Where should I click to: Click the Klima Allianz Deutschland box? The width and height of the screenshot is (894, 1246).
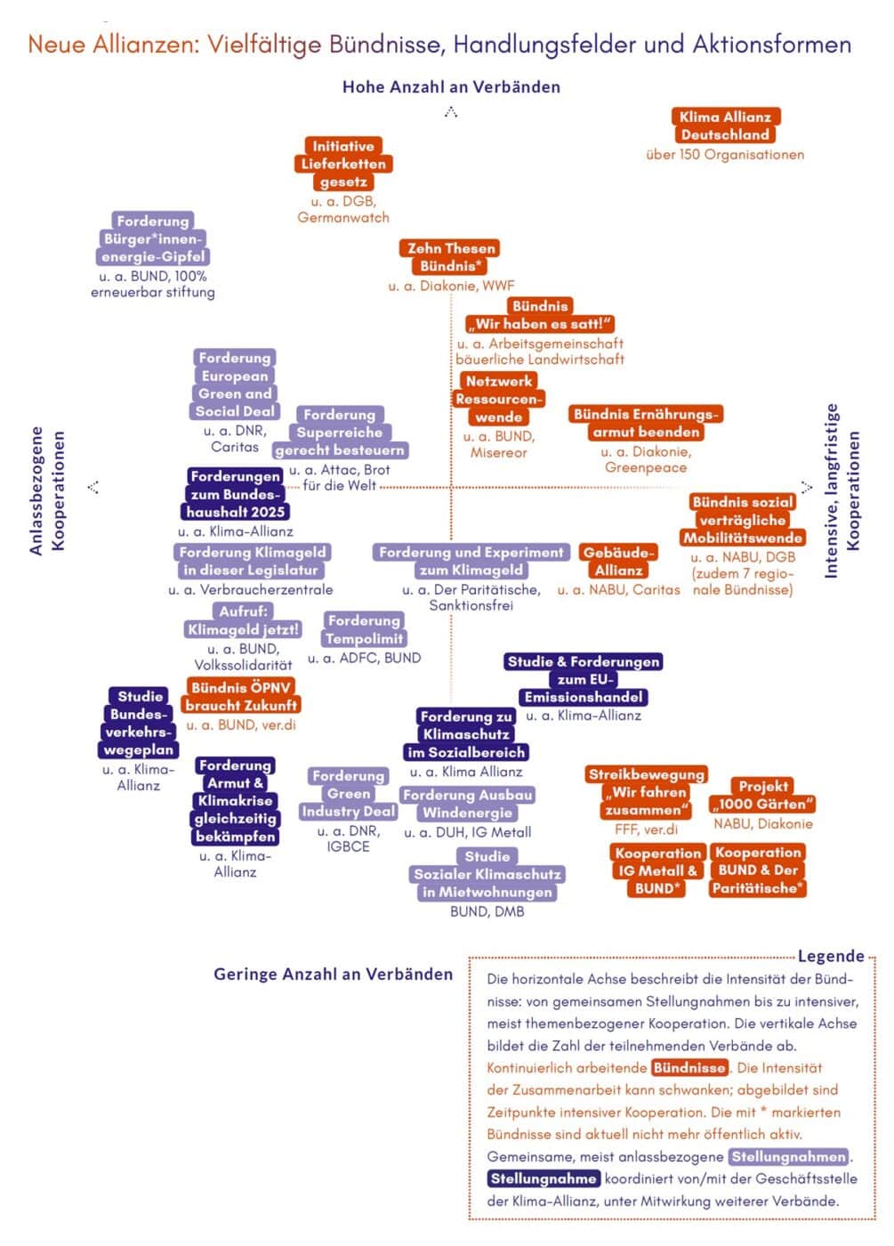point(725,125)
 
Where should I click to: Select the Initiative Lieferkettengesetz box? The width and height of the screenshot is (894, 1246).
point(343,164)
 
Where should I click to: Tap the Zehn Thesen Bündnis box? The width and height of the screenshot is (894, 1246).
point(451,257)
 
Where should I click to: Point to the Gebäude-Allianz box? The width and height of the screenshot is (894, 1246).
point(619,561)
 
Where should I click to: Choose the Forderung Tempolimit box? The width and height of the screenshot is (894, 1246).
point(364,629)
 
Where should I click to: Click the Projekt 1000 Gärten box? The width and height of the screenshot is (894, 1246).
point(762,795)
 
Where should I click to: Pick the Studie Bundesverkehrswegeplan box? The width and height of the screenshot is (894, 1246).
point(139,723)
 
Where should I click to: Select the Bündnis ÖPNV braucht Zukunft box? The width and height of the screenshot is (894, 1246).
point(241,696)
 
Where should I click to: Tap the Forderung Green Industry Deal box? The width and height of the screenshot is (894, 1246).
point(349,793)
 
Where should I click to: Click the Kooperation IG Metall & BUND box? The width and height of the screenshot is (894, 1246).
point(657,870)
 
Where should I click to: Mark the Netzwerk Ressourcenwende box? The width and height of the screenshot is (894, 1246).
point(498,399)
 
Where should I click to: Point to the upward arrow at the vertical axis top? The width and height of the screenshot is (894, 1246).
point(451,112)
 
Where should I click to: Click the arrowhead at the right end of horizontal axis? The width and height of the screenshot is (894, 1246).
point(807,487)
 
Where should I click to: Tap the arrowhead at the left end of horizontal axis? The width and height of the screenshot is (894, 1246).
point(93,487)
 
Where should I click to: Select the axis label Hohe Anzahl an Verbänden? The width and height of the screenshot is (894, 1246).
point(451,87)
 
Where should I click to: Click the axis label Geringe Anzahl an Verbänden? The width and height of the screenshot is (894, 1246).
point(333,974)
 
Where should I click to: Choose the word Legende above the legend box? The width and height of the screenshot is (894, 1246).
point(831,956)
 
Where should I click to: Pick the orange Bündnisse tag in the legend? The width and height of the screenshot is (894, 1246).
point(689,1068)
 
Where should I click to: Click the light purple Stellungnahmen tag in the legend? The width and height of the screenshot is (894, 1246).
point(788,1157)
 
